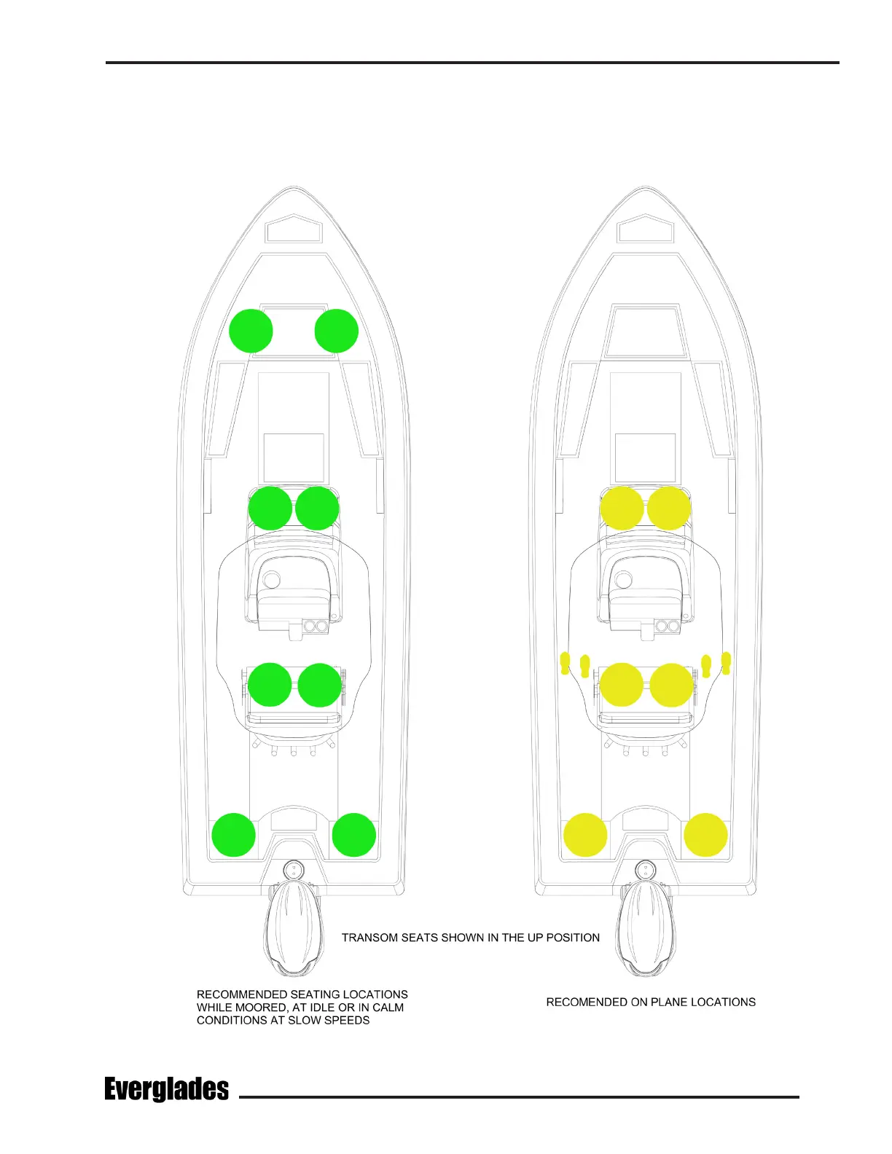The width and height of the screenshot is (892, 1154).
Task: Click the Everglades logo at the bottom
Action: pyautogui.click(x=166, y=1089)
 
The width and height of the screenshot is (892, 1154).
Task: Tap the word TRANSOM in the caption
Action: pyautogui.click(x=370, y=938)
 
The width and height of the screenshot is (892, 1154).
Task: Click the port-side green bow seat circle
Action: pyautogui.click(x=251, y=331)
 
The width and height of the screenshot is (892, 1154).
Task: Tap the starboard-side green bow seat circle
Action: pyautogui.click(x=337, y=331)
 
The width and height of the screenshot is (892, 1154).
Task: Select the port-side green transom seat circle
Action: pyautogui.click(x=233, y=835)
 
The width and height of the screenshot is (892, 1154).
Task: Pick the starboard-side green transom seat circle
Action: pyautogui.click(x=354, y=835)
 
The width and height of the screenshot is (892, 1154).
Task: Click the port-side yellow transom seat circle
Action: pyautogui.click(x=585, y=835)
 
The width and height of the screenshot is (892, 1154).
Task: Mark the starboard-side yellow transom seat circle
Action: pyautogui.click(x=705, y=835)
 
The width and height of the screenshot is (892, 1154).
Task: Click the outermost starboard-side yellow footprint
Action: pyautogui.click(x=726, y=663)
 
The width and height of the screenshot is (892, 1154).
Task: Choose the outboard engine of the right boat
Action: pyautogui.click(x=645, y=929)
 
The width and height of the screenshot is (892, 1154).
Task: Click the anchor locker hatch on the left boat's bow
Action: pyautogui.click(x=294, y=229)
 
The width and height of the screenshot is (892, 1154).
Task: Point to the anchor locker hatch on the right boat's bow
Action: pyautogui.click(x=645, y=229)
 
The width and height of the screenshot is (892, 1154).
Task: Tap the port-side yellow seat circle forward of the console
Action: pyautogui.click(x=622, y=509)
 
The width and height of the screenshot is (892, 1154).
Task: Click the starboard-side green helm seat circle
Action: pyautogui.click(x=320, y=686)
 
